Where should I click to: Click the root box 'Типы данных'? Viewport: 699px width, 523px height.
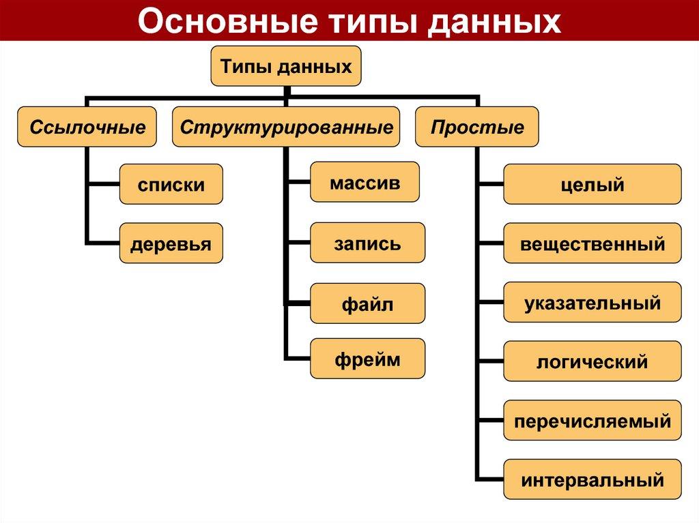(x=285, y=66)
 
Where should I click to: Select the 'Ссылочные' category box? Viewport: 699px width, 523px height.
(x=87, y=127)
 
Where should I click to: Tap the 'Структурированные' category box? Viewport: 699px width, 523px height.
(x=286, y=127)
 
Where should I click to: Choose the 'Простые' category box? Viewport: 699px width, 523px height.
(x=477, y=127)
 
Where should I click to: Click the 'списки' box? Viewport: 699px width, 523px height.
(x=171, y=184)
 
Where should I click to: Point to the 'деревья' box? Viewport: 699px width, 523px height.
(x=171, y=243)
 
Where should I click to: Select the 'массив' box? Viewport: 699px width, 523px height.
(x=365, y=182)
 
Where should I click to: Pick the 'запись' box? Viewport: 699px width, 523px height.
(x=367, y=243)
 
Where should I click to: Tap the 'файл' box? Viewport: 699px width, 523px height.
(x=367, y=303)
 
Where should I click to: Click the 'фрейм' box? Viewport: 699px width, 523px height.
(x=367, y=359)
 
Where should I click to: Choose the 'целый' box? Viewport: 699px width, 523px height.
(x=592, y=184)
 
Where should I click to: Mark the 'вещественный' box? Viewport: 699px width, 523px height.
(x=592, y=243)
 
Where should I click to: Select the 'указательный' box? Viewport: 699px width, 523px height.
(x=592, y=302)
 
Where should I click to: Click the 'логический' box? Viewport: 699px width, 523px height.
(x=592, y=361)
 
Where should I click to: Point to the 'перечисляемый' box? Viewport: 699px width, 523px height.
(x=592, y=420)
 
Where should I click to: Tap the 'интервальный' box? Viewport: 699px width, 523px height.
(x=592, y=479)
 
